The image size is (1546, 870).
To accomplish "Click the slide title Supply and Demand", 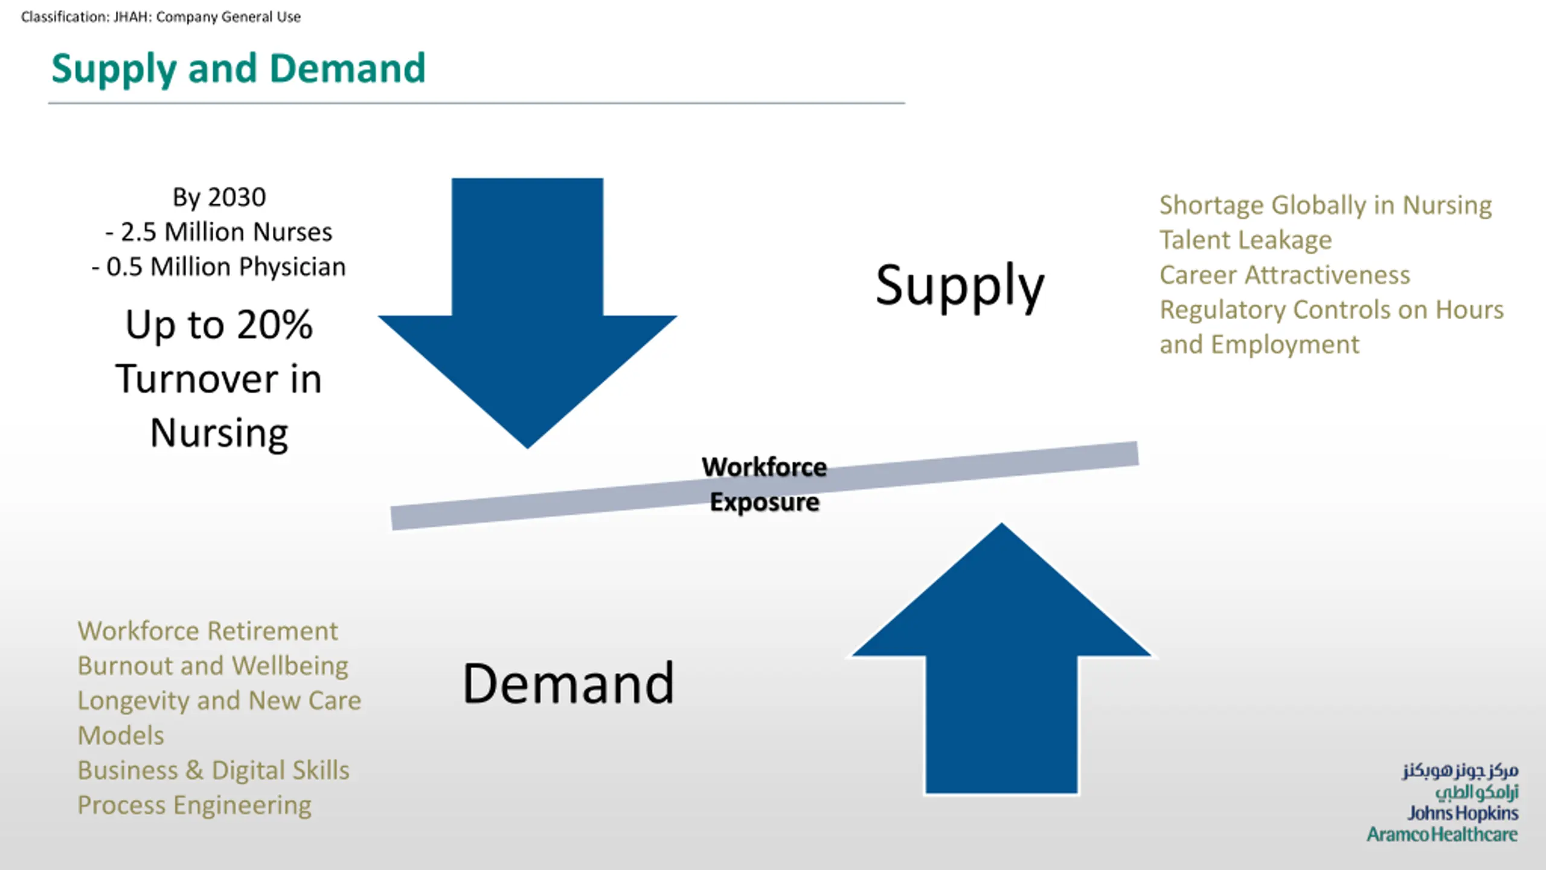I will click(239, 69).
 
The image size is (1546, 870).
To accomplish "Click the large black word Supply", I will click(960, 286).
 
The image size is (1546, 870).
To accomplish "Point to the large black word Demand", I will click(568, 684).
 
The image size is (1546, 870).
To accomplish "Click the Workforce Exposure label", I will click(764, 485).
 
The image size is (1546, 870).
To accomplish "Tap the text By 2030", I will click(219, 198).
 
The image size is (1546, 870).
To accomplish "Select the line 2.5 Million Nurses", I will click(219, 232).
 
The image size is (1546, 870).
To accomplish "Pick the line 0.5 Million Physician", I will click(219, 267).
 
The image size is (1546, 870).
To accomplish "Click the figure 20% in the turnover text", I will click(274, 325).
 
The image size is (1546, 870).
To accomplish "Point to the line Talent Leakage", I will click(1245, 240).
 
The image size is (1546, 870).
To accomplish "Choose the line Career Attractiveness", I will click(1285, 275).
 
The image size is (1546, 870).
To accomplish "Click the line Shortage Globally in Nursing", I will click(1326, 205).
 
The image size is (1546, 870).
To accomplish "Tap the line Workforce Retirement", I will click(208, 631).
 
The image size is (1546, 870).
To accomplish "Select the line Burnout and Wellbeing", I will click(213, 666).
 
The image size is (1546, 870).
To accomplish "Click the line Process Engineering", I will click(194, 805).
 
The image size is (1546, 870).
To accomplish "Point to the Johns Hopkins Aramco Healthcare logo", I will click(1449, 804).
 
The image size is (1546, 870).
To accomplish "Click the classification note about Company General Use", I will click(161, 17).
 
